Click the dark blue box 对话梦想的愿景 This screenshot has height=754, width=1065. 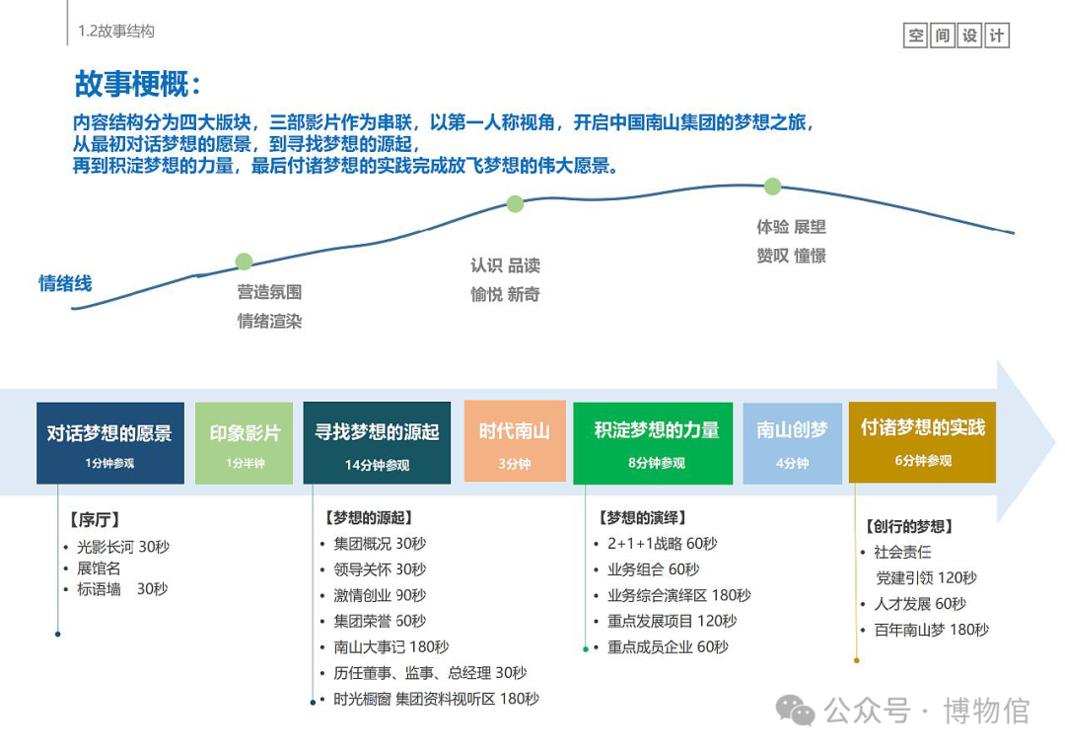tap(109, 442)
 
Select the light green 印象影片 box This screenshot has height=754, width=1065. tap(245, 442)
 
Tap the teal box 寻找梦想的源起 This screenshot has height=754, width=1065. tap(377, 442)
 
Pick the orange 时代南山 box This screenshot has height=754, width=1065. tap(515, 440)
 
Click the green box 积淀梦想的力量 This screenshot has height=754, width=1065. tap(653, 442)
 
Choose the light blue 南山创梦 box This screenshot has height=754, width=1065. tap(792, 442)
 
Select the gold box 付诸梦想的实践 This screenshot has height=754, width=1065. tap(922, 441)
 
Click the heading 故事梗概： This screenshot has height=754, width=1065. tap(139, 84)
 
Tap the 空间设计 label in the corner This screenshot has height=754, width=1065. tap(956, 36)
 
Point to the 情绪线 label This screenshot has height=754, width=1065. tap(65, 284)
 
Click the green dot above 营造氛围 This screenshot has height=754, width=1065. tap(244, 262)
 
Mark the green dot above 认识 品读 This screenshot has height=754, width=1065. tap(515, 204)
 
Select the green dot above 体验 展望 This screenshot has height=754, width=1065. tap(772, 187)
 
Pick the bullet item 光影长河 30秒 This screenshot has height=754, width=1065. tap(122, 546)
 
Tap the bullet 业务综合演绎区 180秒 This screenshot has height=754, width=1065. tap(678, 595)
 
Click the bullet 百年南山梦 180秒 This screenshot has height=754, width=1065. tap(931, 630)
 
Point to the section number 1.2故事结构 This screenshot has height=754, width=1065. tap(116, 32)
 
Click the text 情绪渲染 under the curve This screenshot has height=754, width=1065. tap(269, 321)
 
